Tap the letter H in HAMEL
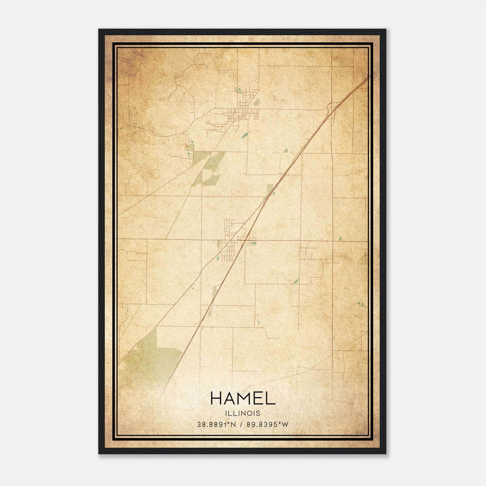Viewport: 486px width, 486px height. pos(216,398)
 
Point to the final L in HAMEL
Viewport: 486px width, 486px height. pos(271,398)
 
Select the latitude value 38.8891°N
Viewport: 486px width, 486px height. pos(216,425)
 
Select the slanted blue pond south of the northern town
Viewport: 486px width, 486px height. pos(244,135)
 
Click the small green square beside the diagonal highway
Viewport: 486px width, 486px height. pos(270,189)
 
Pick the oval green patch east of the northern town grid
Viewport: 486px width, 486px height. pos(257,102)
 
